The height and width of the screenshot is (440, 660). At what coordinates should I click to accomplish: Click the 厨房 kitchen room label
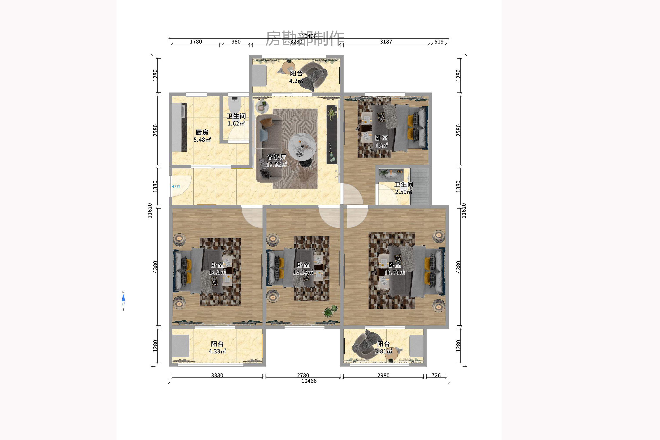(202, 132)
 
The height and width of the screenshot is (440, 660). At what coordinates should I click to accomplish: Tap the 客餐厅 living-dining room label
(276, 157)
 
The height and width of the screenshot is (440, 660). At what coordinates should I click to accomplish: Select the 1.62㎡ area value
(236, 123)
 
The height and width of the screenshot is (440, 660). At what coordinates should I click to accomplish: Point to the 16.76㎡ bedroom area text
(394, 272)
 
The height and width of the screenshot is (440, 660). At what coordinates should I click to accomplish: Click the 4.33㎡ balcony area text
(217, 351)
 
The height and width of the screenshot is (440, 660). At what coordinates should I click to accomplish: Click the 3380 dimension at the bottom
(217, 375)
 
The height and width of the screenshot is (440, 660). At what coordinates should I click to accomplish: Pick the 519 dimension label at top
(439, 41)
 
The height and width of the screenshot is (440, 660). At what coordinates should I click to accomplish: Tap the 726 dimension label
(436, 375)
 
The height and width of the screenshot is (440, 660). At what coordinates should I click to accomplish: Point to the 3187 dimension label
(386, 41)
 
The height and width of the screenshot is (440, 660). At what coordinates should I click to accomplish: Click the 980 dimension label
(236, 41)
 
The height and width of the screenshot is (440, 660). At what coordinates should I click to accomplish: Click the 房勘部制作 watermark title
(305, 38)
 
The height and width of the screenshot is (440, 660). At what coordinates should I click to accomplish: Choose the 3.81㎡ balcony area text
(383, 351)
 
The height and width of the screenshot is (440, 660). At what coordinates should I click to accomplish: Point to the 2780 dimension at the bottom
(303, 375)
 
